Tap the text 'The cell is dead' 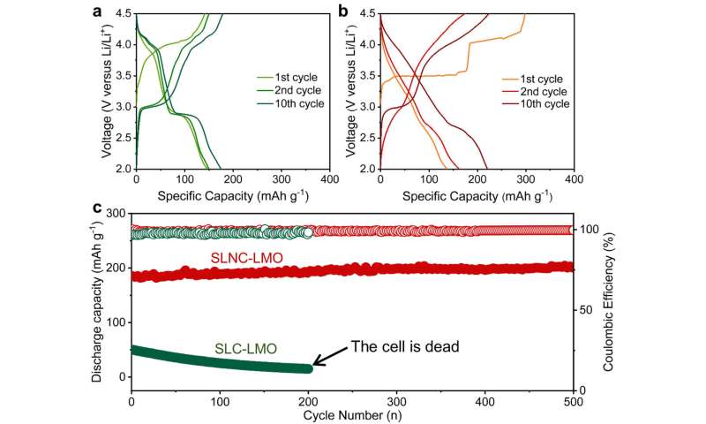pyautogui.click(x=405, y=346)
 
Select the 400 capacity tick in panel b pyautogui.click(x=573, y=178)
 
